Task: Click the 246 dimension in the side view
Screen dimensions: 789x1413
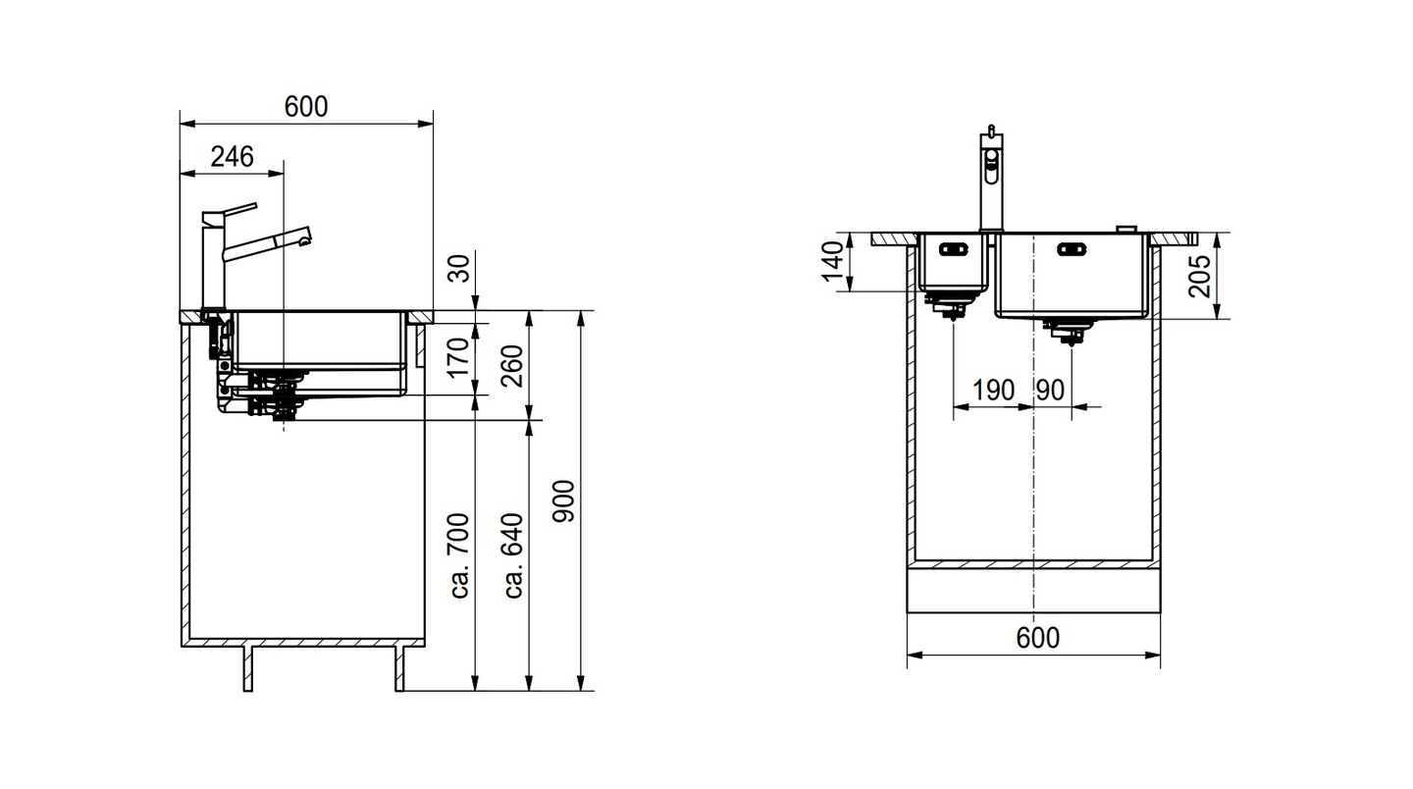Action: pos(232,156)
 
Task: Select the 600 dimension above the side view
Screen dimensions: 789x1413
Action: pos(305,107)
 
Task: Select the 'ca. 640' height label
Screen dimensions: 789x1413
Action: pos(512,555)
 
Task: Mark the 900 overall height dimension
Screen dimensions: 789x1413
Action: pos(565,501)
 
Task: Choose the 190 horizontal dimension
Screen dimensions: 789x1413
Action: pos(993,391)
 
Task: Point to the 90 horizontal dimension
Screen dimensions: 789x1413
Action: pos(1049,391)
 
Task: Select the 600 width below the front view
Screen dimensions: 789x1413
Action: pos(1037,638)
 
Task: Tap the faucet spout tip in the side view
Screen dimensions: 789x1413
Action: pos(305,236)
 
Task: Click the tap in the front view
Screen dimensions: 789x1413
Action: pos(990,182)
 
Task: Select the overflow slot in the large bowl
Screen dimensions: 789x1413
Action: pos(1072,249)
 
